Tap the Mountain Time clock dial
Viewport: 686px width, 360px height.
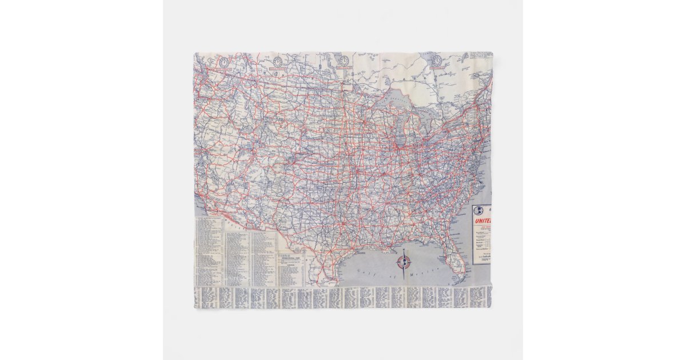coord(277,61)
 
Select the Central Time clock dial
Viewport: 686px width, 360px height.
coord(344,61)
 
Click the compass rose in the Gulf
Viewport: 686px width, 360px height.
coord(404,262)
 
